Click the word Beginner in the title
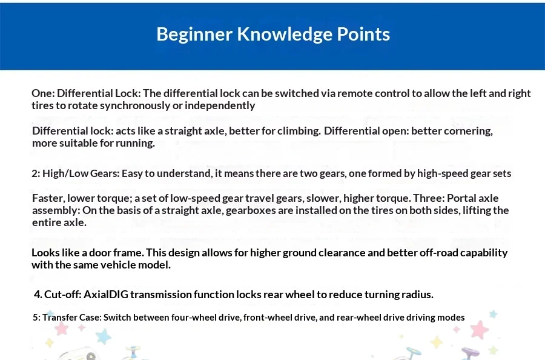(194, 35)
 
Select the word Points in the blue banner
(363, 35)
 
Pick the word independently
(220, 105)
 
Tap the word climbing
(299, 131)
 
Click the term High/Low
(65, 173)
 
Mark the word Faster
(48, 198)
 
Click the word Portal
(461, 198)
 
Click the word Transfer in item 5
(60, 318)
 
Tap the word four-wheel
(191, 318)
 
